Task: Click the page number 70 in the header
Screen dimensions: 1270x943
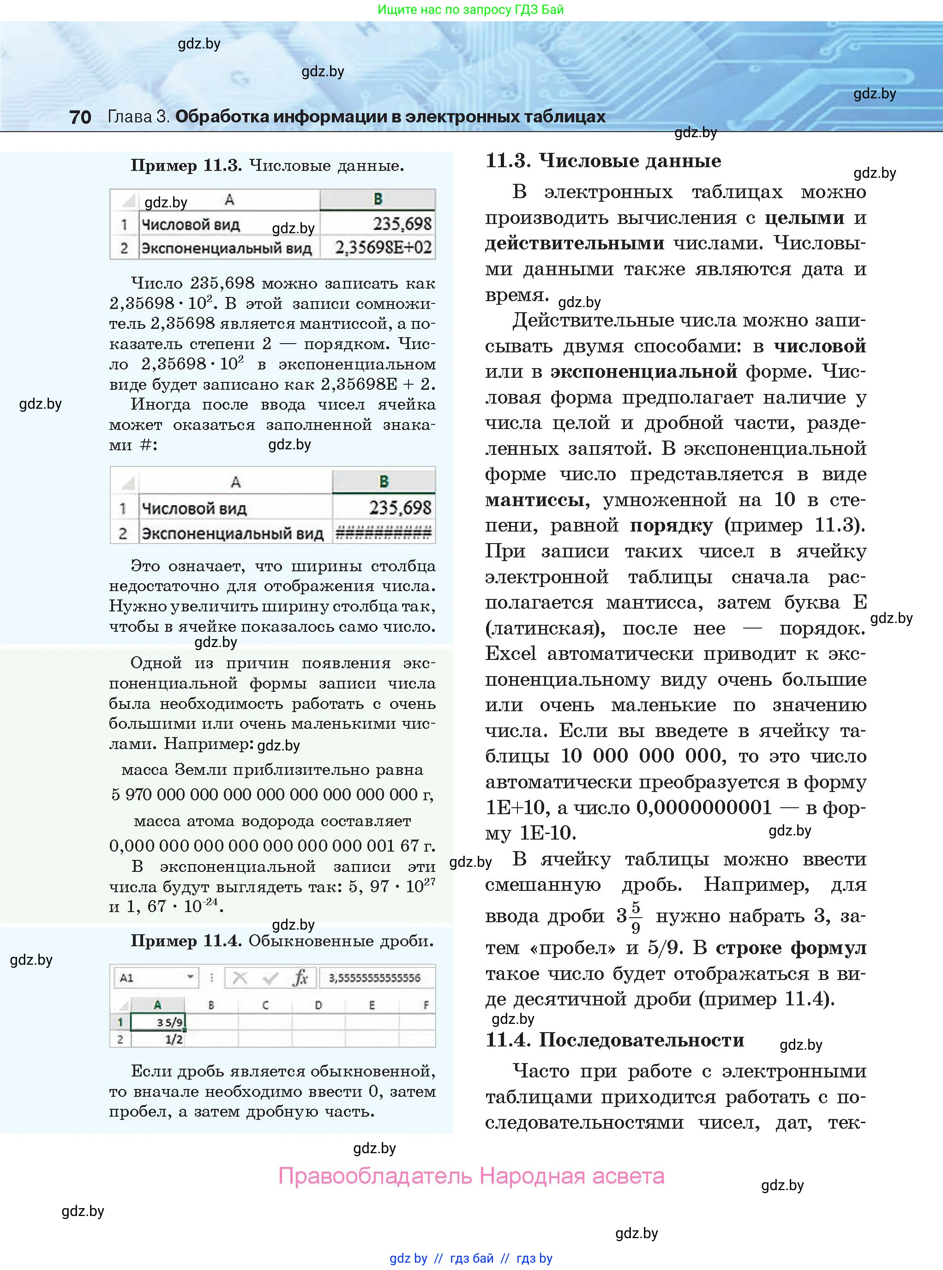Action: [80, 117]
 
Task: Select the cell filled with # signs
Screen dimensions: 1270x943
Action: [383, 533]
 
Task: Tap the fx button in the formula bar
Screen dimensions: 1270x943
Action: [300, 978]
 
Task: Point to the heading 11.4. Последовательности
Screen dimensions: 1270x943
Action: [615, 1040]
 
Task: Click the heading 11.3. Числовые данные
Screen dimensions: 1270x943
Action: [603, 161]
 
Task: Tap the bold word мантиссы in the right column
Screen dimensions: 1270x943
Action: [535, 500]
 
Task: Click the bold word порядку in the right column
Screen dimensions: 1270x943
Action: [671, 526]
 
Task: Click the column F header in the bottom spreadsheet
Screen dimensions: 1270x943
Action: [425, 1005]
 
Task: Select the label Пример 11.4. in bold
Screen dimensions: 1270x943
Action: [186, 941]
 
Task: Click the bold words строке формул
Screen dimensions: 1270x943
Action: [791, 948]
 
